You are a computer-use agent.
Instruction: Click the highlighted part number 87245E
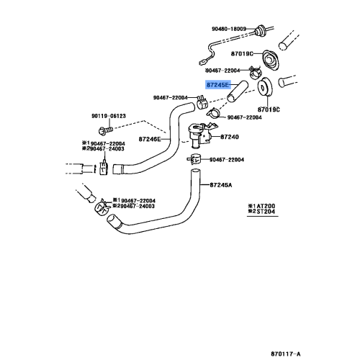(x=217, y=85)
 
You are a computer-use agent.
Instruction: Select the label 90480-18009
(x=229, y=29)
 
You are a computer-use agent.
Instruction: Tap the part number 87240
(x=230, y=137)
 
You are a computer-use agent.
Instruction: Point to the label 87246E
(x=150, y=139)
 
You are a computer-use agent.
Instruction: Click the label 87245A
(x=221, y=185)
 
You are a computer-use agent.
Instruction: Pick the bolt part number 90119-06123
(x=109, y=116)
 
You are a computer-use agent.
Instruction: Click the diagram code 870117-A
(x=286, y=354)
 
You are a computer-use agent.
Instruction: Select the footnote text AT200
(x=266, y=206)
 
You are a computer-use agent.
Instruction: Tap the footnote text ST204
(x=266, y=212)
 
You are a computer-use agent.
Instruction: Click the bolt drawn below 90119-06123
(x=105, y=130)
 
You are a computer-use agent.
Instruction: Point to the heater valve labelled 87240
(x=200, y=135)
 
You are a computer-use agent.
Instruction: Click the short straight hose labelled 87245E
(x=237, y=91)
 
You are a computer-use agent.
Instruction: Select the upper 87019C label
(x=242, y=53)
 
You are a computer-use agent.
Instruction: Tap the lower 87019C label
(x=269, y=109)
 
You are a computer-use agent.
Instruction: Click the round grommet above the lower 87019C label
(x=265, y=86)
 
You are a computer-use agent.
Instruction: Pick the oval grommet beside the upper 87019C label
(x=270, y=60)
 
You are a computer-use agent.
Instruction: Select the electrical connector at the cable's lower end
(x=202, y=63)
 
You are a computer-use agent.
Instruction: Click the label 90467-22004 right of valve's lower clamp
(x=227, y=160)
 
